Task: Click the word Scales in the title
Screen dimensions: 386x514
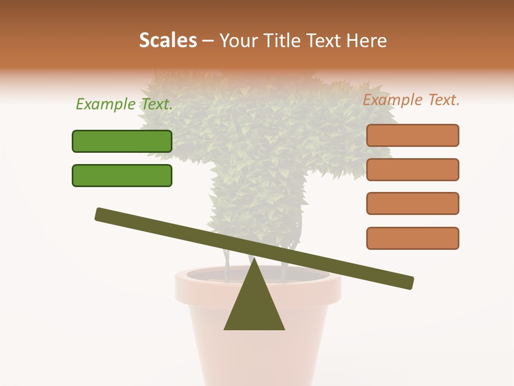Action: point(168,41)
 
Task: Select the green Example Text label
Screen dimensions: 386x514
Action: point(124,104)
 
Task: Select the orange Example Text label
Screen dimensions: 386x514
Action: point(411,100)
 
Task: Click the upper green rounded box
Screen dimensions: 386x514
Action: point(122,141)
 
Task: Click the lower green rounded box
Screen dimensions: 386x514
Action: point(122,175)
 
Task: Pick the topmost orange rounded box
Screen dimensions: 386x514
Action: point(412,135)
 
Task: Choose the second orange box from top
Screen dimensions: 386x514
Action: point(412,169)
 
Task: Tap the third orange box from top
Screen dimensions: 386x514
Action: point(412,204)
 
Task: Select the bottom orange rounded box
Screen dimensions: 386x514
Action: point(412,238)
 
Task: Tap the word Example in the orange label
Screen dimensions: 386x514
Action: point(391,100)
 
